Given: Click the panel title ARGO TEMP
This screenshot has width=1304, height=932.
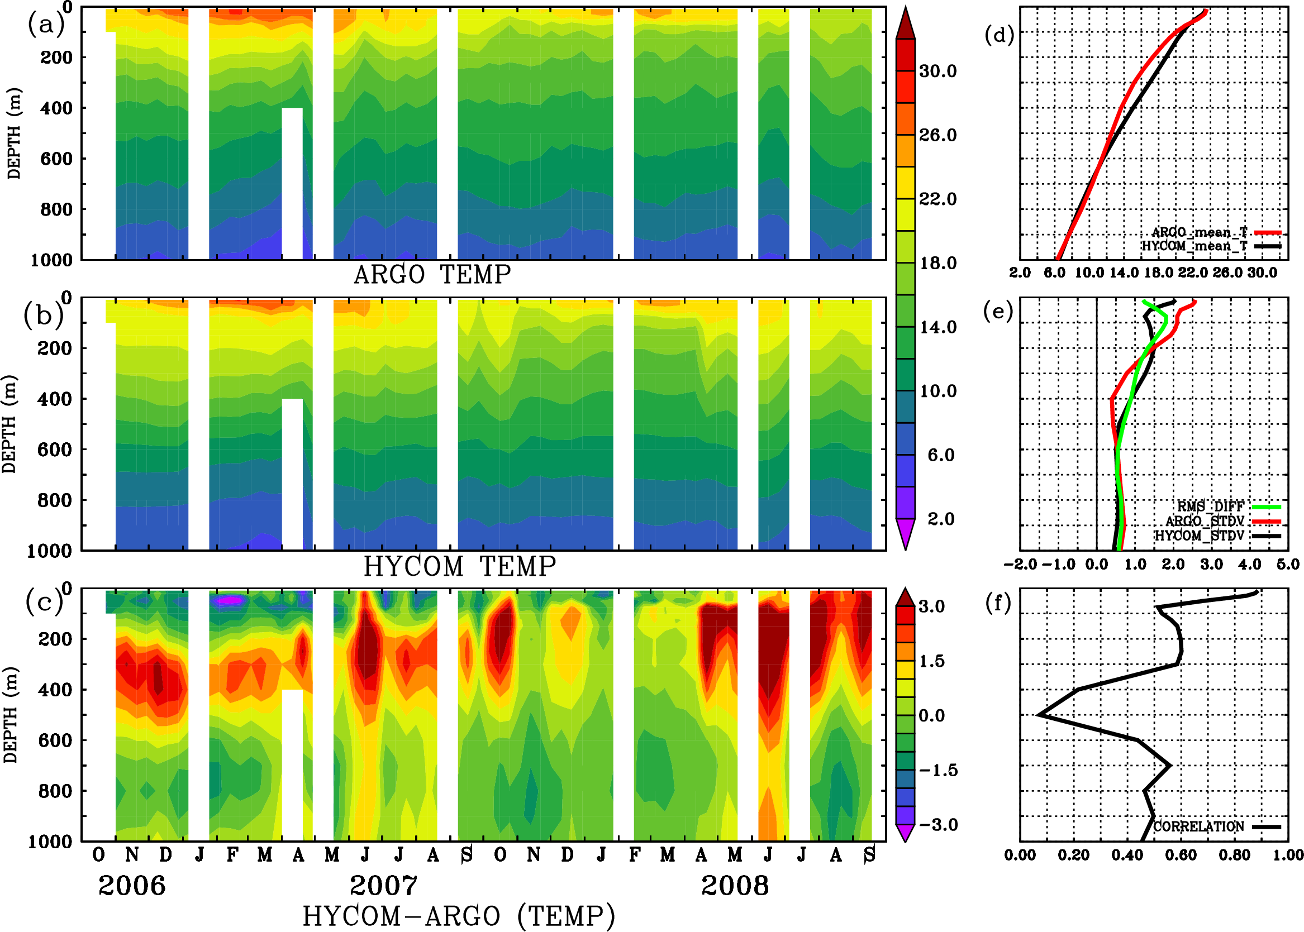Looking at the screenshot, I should [432, 275].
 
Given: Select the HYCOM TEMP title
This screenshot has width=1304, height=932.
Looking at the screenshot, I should [460, 566].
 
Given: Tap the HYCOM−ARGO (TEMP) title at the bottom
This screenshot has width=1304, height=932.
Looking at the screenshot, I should [459, 915].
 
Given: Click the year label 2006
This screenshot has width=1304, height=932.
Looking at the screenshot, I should [132, 886].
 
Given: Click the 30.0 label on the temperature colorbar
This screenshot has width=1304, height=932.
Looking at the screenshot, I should [937, 71].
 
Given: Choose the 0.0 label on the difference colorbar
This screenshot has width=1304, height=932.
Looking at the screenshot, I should [931, 716].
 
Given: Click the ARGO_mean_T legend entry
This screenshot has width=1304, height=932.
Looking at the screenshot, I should [1200, 232].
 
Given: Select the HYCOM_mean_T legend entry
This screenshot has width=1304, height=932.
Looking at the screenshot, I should [1194, 246].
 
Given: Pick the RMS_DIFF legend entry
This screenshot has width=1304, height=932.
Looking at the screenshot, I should [1210, 506].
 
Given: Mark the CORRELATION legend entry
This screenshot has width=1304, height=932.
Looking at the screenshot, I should [1199, 826].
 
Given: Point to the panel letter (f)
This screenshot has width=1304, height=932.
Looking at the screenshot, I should [998, 603].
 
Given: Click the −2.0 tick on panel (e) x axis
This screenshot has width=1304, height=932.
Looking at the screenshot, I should [1020, 564].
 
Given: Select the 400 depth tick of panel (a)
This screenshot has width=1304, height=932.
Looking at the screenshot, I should [56, 108].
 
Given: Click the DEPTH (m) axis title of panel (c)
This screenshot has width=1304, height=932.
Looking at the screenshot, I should [10, 714].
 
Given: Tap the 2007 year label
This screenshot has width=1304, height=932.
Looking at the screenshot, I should [384, 886].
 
